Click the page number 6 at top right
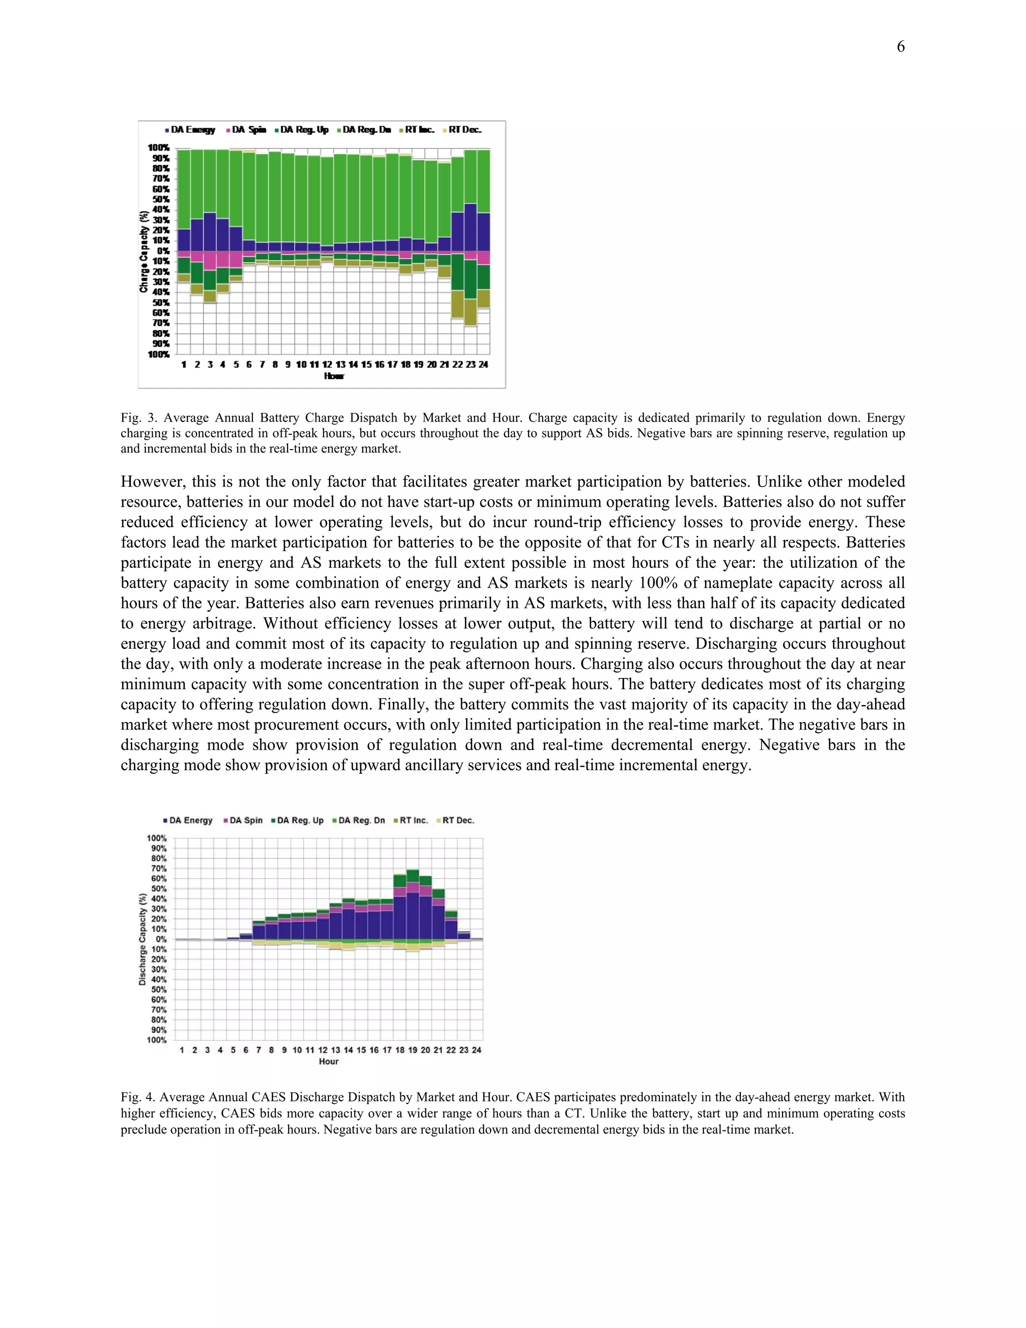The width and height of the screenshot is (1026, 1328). tap(900, 47)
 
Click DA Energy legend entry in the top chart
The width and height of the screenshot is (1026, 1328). tap(192, 129)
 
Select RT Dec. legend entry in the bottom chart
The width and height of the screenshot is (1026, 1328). tap(458, 820)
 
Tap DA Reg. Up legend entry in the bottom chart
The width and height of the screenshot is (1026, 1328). tap(300, 820)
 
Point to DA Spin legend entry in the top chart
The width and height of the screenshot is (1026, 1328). tap(248, 129)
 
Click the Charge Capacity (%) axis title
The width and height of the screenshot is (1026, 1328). tap(143, 251)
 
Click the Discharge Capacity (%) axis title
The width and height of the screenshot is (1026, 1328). tap(142, 940)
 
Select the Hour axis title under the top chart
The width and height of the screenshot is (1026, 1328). tap(334, 376)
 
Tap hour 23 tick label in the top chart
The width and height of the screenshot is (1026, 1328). tap(470, 365)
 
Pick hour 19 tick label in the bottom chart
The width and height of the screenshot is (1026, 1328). tap(413, 1050)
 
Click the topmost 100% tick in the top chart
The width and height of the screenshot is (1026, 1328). tap(159, 148)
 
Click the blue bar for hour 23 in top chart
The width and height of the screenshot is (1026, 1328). tap(470, 228)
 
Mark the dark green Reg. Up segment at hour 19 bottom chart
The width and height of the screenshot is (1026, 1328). tap(413, 875)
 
